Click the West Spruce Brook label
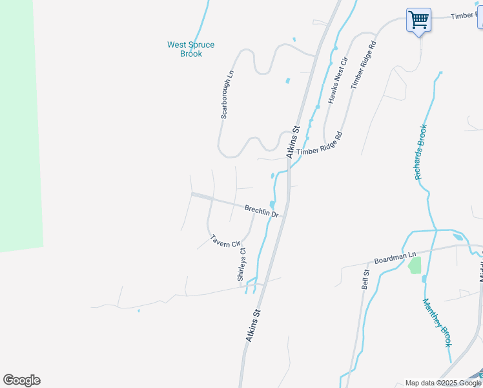click(190, 49)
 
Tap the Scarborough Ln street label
click(227, 94)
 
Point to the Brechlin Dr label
click(262, 211)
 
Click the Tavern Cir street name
click(225, 241)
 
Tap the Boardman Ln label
click(394, 257)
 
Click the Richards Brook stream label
click(421, 152)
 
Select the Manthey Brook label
click(437, 322)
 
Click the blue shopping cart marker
click(418, 21)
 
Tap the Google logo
click(21, 380)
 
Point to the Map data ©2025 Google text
click(443, 383)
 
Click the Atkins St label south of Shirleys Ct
click(252, 325)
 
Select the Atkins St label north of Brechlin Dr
click(293, 142)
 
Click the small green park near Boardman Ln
click(415, 265)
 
